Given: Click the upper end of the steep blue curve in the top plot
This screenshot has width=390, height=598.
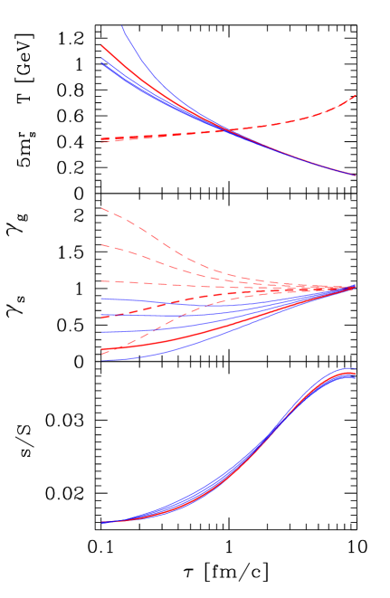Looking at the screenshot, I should [122, 26].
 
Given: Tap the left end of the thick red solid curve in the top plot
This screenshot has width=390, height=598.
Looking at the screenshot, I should [102, 45].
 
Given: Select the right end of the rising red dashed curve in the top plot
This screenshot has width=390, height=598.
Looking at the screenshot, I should [355, 95].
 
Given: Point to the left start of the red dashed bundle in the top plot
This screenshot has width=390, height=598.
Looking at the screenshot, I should [102, 140].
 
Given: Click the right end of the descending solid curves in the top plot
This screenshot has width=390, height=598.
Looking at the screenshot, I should [355, 176].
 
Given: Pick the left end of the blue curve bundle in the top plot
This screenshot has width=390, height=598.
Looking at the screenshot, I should [102, 61].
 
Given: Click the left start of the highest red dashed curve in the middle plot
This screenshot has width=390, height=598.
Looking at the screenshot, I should [102, 209].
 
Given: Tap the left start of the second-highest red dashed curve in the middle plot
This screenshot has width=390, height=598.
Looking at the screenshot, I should [102, 244].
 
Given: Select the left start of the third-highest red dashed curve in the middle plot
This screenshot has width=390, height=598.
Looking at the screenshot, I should [102, 281].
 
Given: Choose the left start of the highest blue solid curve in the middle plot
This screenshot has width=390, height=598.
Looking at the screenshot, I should [102, 298].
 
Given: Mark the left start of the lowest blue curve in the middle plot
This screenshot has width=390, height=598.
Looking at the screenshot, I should [102, 361].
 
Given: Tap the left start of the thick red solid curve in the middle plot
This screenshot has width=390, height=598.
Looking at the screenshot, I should [102, 350].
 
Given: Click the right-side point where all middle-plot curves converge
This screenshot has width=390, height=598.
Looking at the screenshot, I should [354, 287].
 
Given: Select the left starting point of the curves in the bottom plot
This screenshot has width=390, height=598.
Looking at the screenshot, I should [102, 522].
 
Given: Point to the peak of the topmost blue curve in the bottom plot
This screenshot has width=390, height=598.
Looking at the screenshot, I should [348, 368].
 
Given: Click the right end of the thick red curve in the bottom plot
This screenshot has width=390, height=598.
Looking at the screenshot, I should [355, 375].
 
